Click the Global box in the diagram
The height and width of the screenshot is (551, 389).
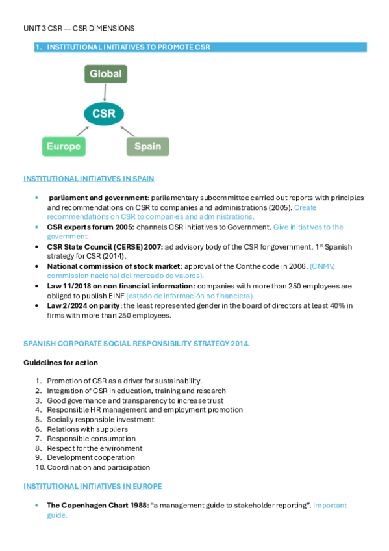[105, 74]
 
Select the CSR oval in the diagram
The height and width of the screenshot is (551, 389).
[104, 114]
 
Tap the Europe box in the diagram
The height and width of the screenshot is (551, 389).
[63, 146]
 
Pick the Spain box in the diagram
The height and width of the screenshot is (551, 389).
[147, 146]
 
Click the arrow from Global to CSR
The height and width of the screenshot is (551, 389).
[105, 92]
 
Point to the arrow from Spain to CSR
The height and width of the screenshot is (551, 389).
[129, 131]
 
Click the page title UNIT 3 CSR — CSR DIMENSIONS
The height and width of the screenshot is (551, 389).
[79, 29]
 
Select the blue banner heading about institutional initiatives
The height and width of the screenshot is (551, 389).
[201, 47]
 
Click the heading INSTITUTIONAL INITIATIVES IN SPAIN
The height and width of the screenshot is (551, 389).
[88, 179]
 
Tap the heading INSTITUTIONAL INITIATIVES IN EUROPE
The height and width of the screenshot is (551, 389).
[93, 486]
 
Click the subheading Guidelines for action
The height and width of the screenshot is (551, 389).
[61, 362]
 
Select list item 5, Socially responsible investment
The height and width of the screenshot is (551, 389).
[100, 420]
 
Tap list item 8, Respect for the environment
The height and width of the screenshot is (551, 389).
[94, 448]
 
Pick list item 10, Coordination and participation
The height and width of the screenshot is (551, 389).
[98, 467]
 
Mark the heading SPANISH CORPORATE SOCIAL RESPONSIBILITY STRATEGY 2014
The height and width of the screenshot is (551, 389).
[136, 344]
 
